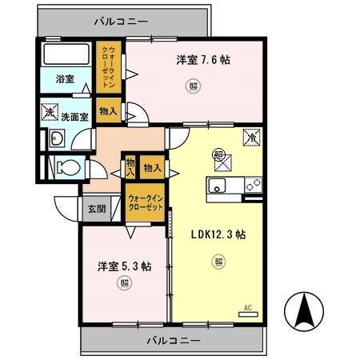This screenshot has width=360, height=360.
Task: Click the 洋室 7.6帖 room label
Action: point(204,60)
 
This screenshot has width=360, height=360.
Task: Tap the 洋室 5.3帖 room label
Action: point(125,266)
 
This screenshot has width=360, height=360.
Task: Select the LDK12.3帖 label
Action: point(218,234)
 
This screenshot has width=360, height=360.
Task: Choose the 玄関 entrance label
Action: point(97,208)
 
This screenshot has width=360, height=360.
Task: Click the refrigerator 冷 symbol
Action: point(250,138)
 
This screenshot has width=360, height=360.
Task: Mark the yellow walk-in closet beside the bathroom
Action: point(109,67)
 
